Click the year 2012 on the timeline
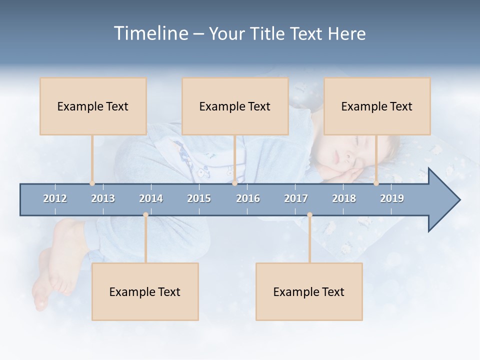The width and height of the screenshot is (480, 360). [55, 198]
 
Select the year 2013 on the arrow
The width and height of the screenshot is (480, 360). [103, 198]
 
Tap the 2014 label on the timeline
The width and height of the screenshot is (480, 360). [151, 198]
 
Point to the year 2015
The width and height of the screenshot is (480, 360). [199, 198]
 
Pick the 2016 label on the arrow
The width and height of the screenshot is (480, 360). [248, 198]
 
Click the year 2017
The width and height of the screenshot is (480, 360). [296, 198]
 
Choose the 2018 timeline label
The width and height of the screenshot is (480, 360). [344, 198]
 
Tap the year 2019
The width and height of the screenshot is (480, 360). [392, 198]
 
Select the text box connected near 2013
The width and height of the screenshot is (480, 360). [93, 106]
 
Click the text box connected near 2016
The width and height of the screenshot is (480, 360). [235, 106]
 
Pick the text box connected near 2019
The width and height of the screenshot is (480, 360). [377, 106]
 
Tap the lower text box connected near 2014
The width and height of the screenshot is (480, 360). [145, 292]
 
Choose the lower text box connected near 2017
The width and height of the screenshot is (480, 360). [309, 292]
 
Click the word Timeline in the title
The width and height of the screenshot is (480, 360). [150, 33]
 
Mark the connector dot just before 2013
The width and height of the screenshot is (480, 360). [92, 183]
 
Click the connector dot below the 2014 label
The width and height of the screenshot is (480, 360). [145, 214]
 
